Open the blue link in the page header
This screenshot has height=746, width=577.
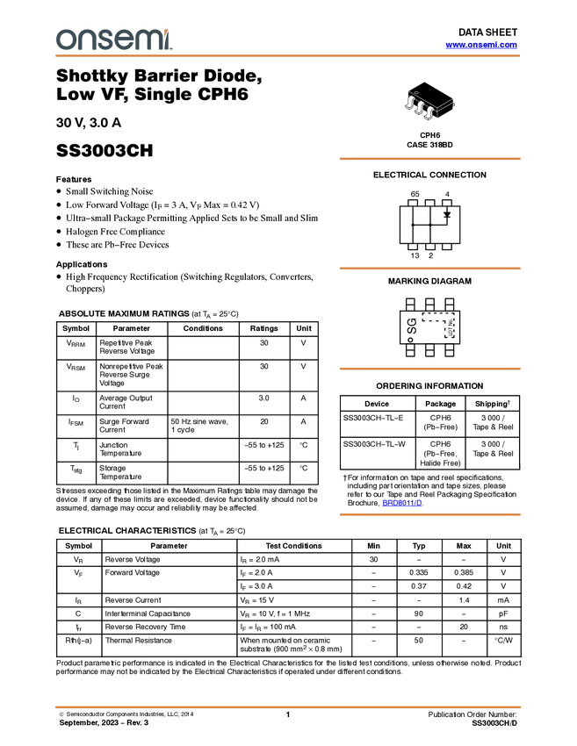[x=481, y=45]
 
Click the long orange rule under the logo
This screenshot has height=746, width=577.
[x=288, y=56]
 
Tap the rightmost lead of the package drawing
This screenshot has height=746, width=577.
[x=429, y=114]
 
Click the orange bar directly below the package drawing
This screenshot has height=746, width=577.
[x=429, y=159]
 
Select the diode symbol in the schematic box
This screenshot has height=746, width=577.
[x=447, y=214]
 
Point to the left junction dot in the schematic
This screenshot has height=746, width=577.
[x=413, y=225]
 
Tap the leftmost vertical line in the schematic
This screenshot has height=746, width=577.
[x=413, y=233]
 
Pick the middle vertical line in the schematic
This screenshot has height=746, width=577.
[x=430, y=233]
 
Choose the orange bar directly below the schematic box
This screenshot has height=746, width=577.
[x=429, y=269]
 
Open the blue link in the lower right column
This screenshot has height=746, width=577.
[x=402, y=504]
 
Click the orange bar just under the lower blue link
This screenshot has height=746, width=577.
[x=429, y=515]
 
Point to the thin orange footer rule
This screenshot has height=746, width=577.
[x=288, y=706]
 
